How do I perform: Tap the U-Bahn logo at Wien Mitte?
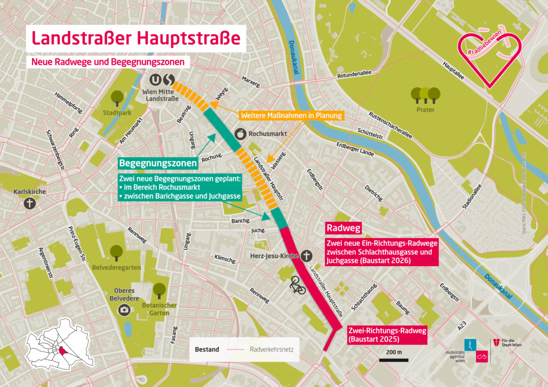click(155, 80)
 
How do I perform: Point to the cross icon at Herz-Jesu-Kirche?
click(306, 256)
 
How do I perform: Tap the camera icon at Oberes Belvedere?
click(124, 309)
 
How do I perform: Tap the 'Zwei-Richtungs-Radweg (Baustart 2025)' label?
click(387, 335)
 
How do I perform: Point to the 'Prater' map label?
click(425, 110)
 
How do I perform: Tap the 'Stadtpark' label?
click(117, 113)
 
